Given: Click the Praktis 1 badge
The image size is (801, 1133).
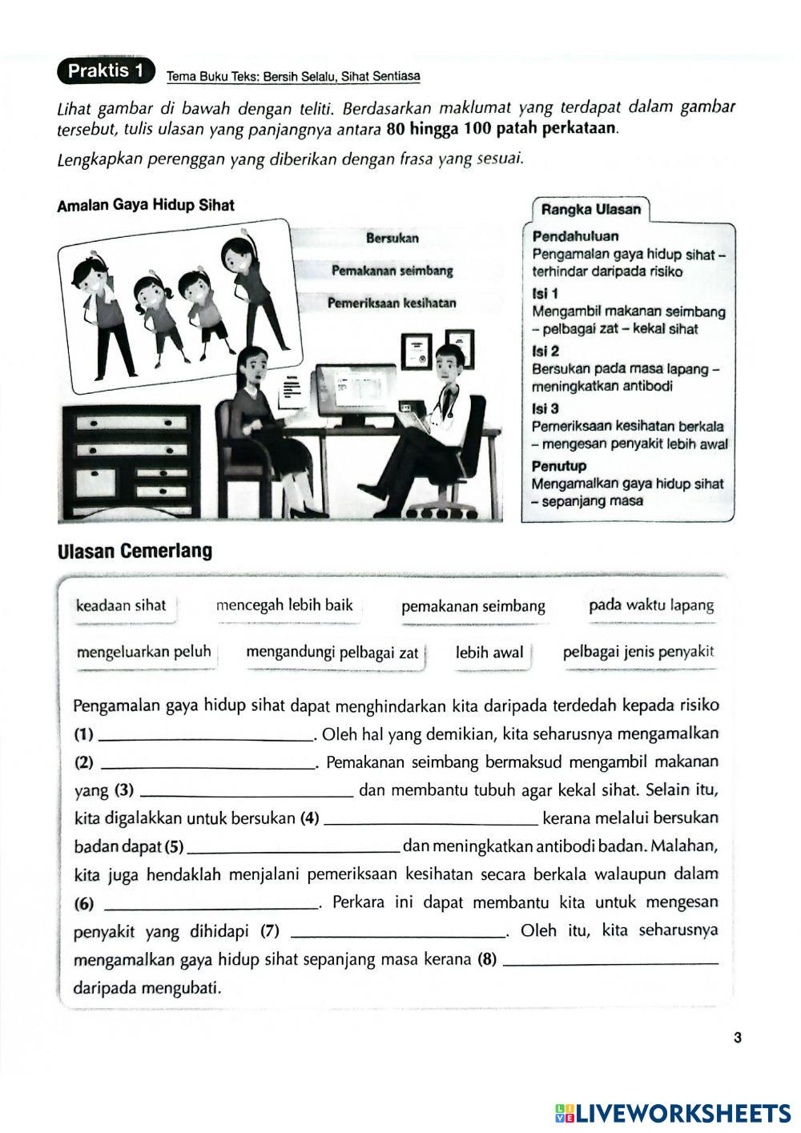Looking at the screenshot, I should tap(105, 71).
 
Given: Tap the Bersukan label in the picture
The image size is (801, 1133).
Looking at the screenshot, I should tap(392, 238).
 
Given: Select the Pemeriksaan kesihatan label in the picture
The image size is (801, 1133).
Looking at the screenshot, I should tap(392, 303).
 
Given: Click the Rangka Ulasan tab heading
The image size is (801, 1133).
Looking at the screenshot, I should tap(591, 210).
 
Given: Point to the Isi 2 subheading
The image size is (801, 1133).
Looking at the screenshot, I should tap(545, 351).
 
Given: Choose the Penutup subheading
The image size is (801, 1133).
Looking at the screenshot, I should tap(559, 466).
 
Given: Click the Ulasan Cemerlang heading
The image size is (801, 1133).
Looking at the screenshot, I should tap(135, 552).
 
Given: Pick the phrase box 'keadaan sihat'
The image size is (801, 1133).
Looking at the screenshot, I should tap(121, 605).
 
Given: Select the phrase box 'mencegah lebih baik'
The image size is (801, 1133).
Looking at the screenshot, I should tap(284, 605).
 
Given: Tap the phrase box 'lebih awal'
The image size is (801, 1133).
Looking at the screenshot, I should tap(489, 653).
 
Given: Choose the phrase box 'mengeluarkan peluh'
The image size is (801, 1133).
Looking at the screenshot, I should tap(144, 652).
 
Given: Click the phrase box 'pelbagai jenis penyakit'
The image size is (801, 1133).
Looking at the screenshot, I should tap(638, 652).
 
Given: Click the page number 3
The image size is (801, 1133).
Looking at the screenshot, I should tap(737, 1039).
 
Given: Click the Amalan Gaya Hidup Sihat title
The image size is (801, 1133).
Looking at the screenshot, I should tap(146, 205).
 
